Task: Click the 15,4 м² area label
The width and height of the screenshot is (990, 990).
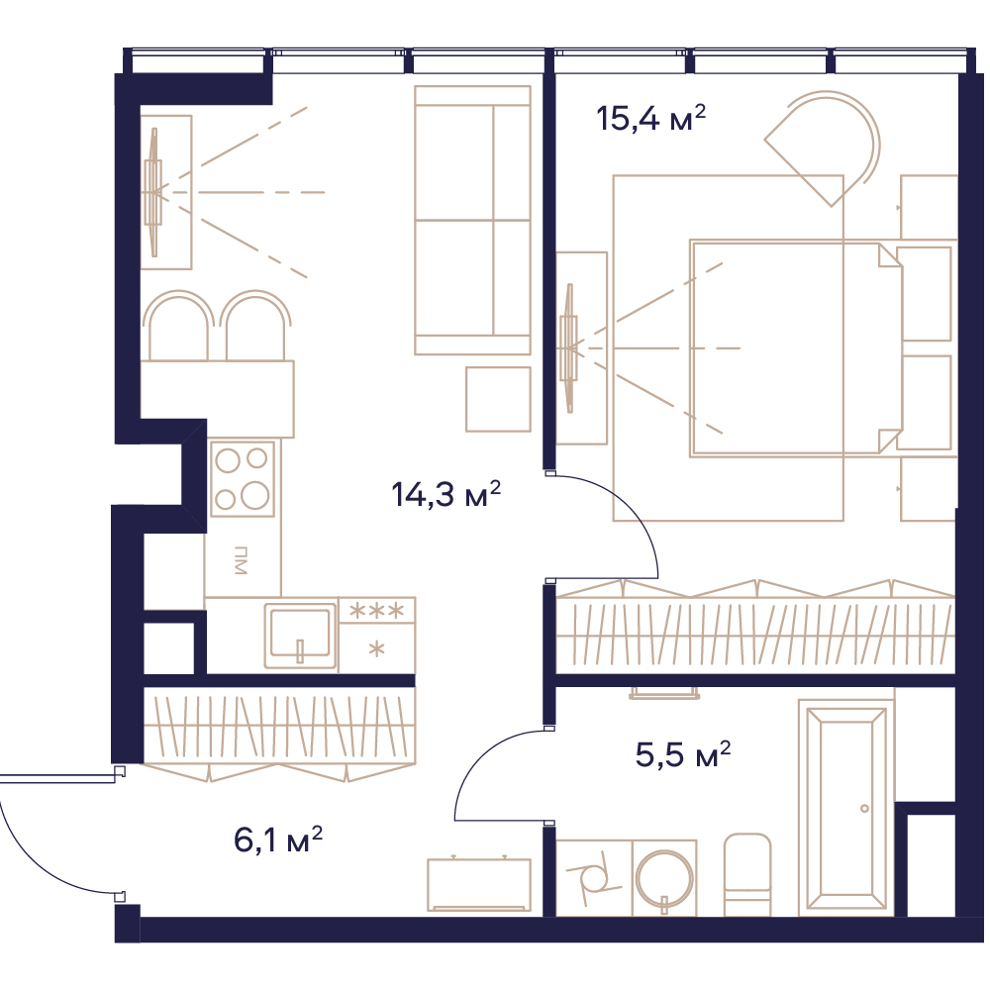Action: click(x=650, y=118)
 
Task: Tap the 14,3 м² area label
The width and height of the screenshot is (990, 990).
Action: click(x=445, y=494)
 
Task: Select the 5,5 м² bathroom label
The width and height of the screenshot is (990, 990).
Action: click(x=682, y=753)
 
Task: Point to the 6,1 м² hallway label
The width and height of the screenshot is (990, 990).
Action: click(x=278, y=840)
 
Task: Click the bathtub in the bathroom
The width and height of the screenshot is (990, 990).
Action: click(x=846, y=807)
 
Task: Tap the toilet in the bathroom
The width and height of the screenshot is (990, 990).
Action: click(x=746, y=874)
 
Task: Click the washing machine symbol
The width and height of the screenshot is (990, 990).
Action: click(x=593, y=877)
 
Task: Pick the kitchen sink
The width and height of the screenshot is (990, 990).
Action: click(x=301, y=635)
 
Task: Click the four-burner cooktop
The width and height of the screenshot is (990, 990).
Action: click(x=243, y=478)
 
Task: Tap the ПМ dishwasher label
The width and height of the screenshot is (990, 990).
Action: click(x=240, y=560)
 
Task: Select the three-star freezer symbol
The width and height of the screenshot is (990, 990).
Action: click(x=377, y=611)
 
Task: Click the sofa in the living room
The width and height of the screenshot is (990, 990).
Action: click(x=472, y=221)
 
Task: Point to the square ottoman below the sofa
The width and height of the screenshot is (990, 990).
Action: click(x=498, y=399)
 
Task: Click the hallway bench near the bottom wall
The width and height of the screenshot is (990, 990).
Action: click(x=478, y=884)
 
